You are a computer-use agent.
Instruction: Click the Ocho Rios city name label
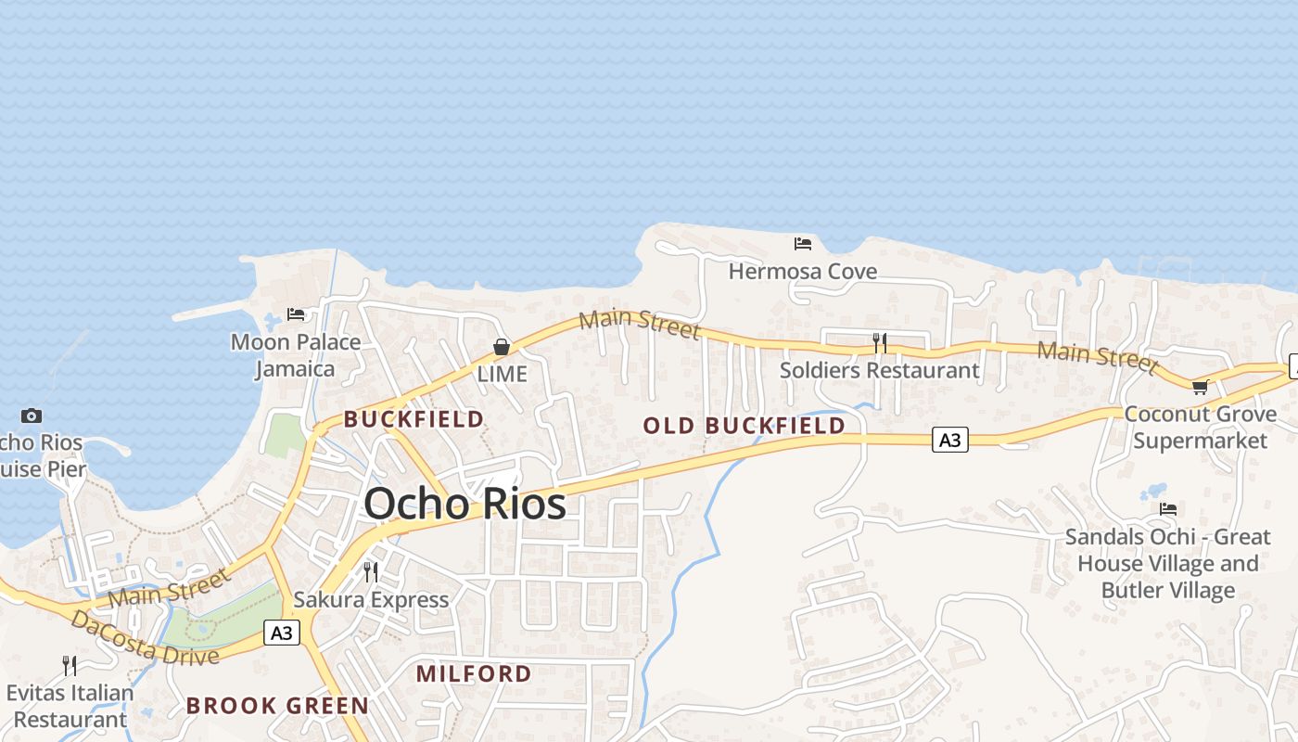464,504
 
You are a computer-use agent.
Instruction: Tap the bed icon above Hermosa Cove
803,244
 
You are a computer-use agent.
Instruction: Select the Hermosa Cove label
803,272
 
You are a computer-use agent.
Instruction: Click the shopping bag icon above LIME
502,347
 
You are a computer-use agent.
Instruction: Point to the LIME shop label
502,374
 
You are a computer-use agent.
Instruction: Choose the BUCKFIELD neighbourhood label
414,419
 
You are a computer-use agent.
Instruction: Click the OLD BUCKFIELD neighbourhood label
744,426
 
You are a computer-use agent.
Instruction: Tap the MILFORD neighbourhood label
474,673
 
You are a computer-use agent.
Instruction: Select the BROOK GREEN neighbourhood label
277,706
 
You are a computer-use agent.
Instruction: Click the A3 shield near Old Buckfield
949,440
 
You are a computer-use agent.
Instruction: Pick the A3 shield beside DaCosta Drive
282,633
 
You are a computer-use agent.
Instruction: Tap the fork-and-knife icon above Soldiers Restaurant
879,343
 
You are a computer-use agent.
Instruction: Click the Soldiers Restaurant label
879,370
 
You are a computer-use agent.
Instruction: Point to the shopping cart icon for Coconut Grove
1200,387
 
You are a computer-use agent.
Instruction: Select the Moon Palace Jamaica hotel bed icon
296,314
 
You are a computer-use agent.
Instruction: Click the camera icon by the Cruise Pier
32,416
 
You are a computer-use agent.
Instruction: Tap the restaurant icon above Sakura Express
371,571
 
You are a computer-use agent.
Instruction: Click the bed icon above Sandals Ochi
1168,509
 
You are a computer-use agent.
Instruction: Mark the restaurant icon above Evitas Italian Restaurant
70,665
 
